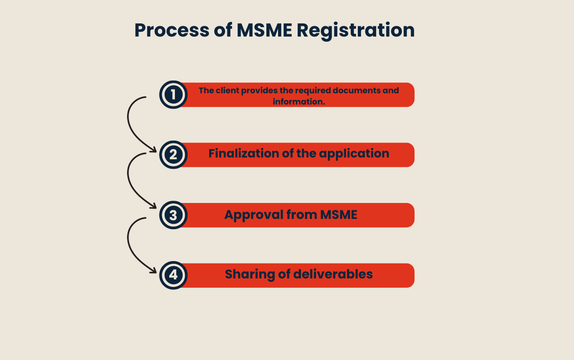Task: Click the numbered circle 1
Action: [174, 95]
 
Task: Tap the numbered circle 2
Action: [174, 155]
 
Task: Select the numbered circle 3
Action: [174, 215]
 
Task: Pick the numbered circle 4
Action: [174, 275]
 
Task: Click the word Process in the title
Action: [171, 30]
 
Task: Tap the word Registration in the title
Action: [355, 30]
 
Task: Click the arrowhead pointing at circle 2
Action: [153, 150]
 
